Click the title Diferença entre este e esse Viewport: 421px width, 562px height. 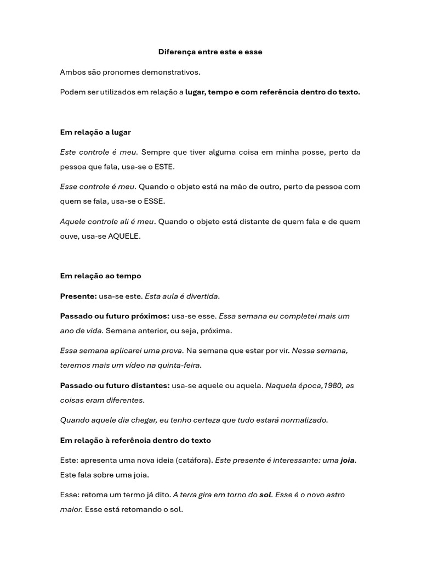(210, 52)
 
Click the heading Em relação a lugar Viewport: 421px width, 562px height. (95, 132)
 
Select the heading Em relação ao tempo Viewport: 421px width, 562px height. (100, 276)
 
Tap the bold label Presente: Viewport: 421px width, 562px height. (78, 296)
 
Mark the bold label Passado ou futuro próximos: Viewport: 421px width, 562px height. (115, 316)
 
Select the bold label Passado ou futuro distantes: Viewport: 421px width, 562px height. (115, 385)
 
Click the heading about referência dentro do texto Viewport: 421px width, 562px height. (135, 440)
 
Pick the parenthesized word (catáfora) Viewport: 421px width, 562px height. (192, 460)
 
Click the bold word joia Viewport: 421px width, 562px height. (348, 460)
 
